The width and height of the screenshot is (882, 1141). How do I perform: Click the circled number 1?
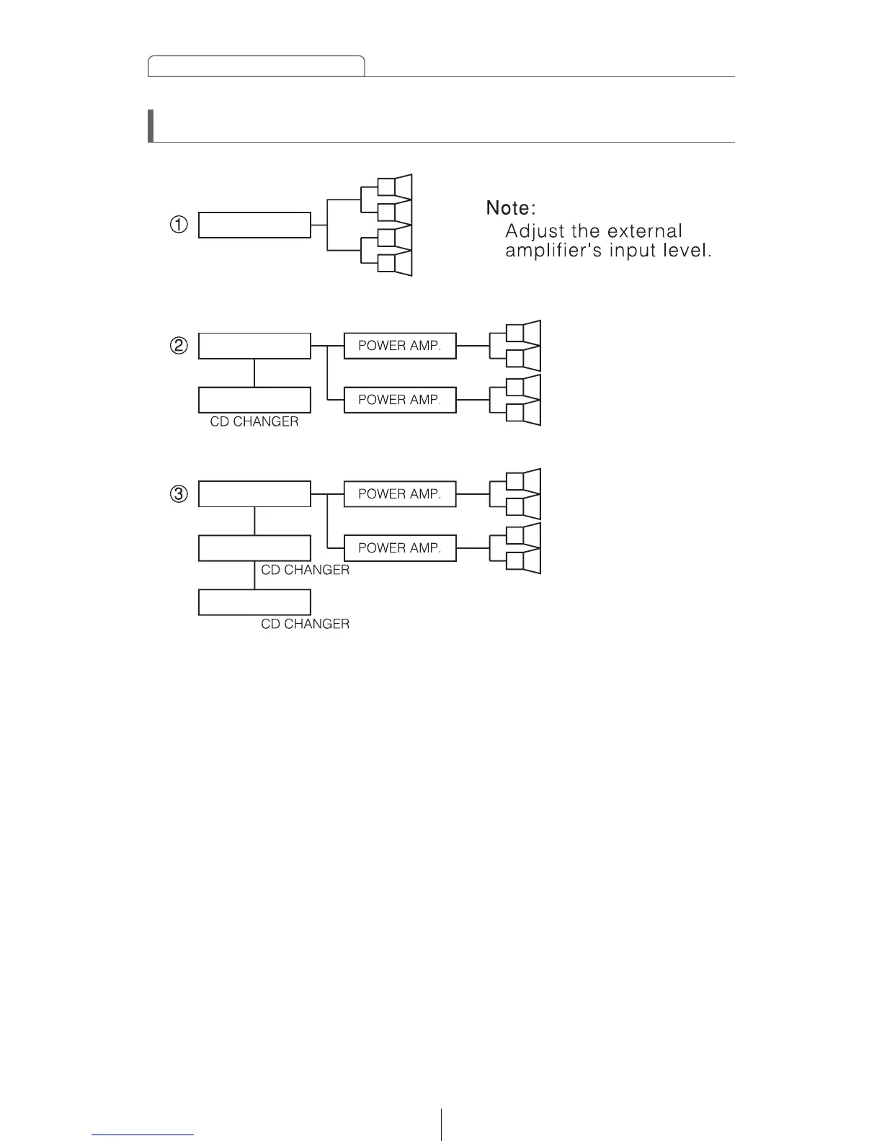(x=179, y=225)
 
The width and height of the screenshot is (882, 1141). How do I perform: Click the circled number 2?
(x=179, y=346)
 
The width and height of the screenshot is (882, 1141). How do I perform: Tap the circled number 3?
(x=179, y=494)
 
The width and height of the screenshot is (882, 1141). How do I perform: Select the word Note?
(x=510, y=208)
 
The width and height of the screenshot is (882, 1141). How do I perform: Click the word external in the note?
(x=644, y=231)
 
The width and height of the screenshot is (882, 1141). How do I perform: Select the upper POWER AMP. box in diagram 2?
(x=400, y=346)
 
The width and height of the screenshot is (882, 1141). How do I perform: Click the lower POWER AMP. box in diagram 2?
(x=400, y=400)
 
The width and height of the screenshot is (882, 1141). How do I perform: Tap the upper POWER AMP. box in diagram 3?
(x=400, y=494)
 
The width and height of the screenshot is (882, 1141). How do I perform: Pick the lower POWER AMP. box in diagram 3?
(x=400, y=548)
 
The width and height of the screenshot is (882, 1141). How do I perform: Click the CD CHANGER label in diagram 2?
(x=254, y=422)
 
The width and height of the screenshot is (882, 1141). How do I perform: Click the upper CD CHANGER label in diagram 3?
(x=305, y=570)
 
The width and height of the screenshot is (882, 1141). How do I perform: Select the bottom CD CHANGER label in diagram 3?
(x=305, y=624)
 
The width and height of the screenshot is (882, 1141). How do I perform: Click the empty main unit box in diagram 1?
(x=254, y=225)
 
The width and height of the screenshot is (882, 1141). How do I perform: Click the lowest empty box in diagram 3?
(x=254, y=602)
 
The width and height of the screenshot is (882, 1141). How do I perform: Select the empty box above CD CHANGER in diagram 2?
(x=254, y=400)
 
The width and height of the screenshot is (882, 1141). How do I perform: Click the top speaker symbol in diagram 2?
(x=523, y=333)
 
